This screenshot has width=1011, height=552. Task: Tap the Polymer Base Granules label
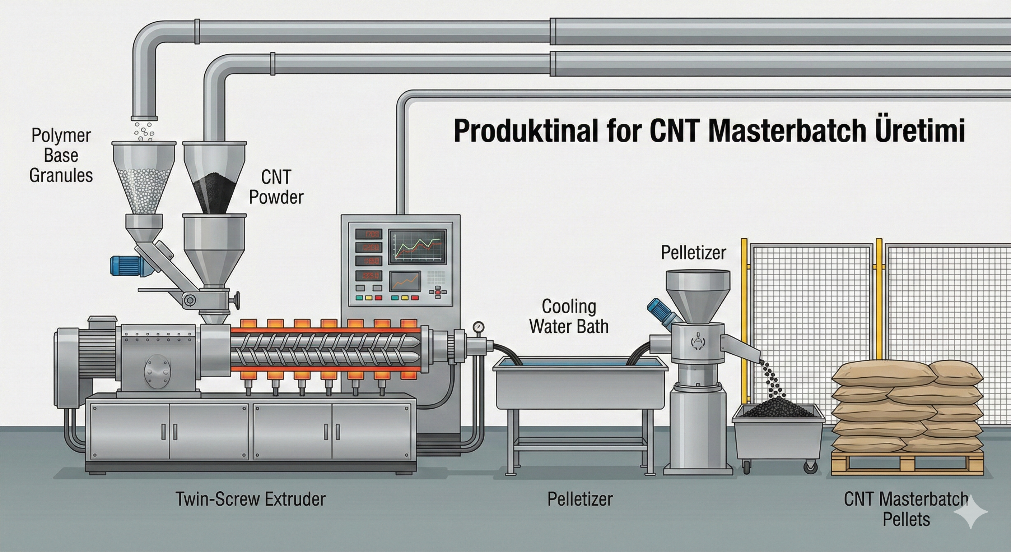pos(61,156)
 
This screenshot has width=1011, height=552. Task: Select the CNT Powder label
pos(276,187)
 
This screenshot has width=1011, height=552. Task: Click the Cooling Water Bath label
pos(569,317)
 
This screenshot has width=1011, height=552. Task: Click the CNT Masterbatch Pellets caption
pos(906,509)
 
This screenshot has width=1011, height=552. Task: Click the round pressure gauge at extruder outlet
pos(479,327)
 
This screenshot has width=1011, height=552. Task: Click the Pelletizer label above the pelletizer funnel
pos(694,253)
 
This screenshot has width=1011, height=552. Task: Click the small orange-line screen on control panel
pos(405,281)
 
